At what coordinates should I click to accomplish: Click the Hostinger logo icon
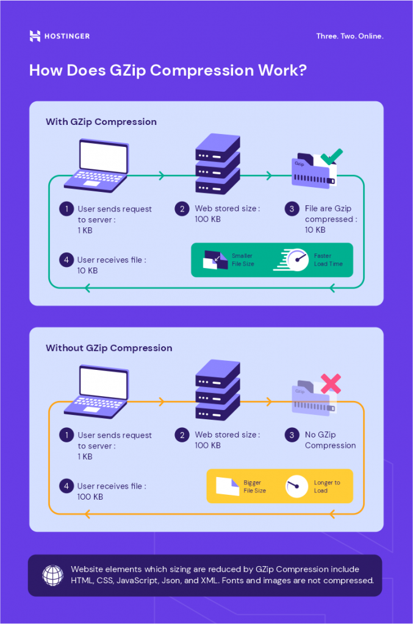pos(35,36)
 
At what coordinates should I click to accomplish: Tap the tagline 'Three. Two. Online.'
pos(350,37)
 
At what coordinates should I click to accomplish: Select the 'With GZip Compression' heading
pos(101,122)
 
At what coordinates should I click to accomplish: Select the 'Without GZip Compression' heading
pos(109,349)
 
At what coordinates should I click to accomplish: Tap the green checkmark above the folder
pos(331,157)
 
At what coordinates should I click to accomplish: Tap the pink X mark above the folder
pos(331,383)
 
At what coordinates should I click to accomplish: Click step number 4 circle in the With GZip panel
pos(66,260)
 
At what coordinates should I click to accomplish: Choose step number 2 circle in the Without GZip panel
pos(182,435)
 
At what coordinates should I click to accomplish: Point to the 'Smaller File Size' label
pos(243,260)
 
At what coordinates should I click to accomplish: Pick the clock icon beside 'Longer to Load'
pos(296,486)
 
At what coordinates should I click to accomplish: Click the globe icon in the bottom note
pos(52,575)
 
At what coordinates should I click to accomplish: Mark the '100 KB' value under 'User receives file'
pos(90,497)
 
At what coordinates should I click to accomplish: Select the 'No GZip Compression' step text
pos(330,440)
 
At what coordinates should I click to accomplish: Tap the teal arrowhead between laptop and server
pos(162,176)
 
